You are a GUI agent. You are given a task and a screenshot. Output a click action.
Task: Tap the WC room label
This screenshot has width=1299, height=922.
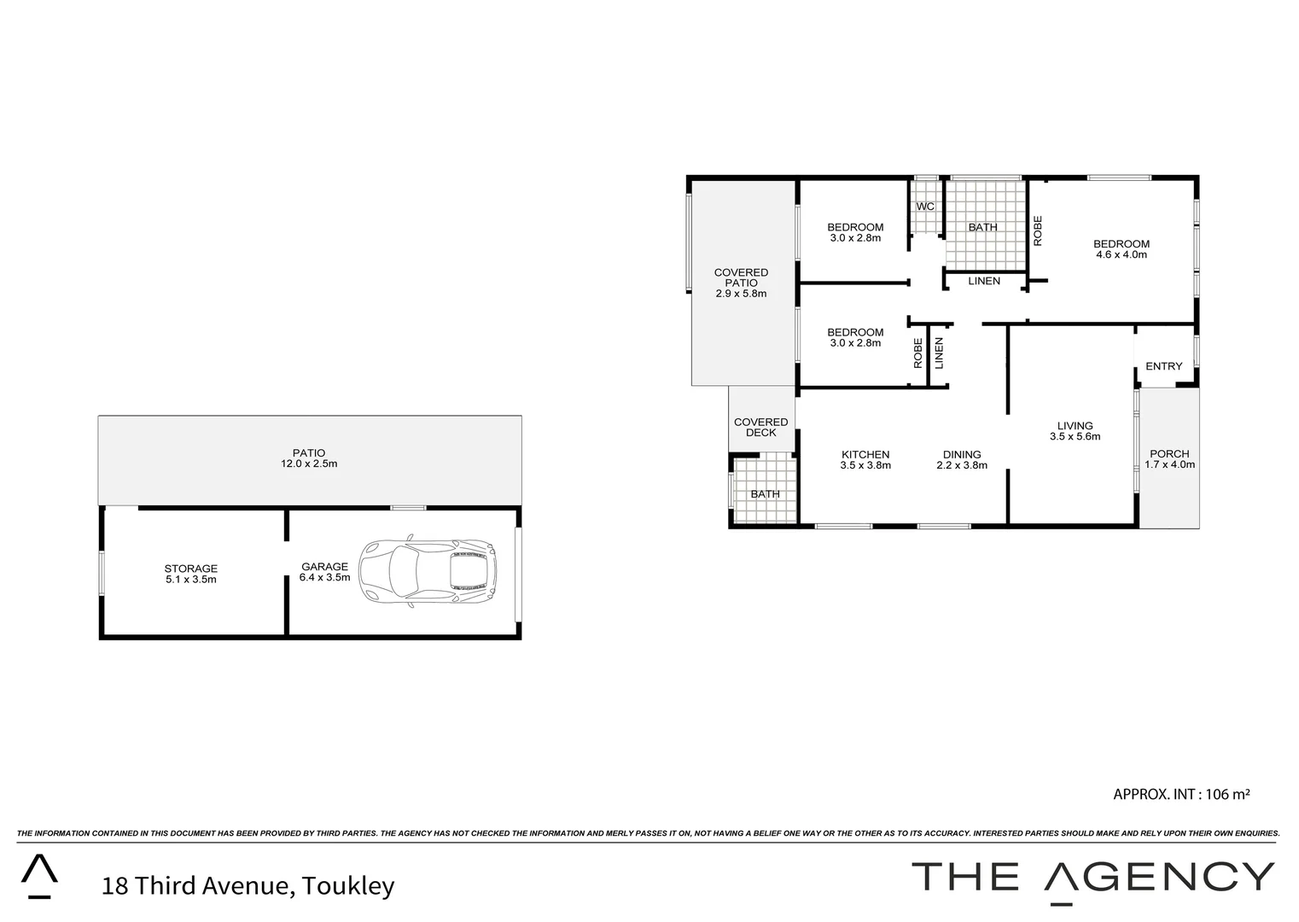[x=925, y=207]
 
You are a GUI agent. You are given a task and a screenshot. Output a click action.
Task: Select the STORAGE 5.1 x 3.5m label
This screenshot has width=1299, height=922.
[x=191, y=574]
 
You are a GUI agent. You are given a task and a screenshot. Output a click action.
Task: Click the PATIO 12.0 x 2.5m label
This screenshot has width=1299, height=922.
[x=309, y=458]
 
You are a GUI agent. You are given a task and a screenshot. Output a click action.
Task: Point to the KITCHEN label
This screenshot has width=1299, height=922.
[x=865, y=460]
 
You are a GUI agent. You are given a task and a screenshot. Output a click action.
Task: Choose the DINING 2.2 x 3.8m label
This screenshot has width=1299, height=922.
[x=962, y=460]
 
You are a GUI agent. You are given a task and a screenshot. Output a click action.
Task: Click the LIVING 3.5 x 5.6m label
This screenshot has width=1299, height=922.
[x=1075, y=431]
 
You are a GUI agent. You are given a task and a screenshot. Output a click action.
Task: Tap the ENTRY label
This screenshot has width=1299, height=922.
[x=1164, y=366]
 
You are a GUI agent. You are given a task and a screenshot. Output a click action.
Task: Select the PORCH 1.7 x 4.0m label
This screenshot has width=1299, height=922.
[x=1169, y=459]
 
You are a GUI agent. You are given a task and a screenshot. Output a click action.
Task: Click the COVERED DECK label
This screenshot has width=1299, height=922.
[x=761, y=427]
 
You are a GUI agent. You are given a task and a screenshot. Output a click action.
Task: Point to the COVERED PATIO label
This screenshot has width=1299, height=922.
[x=741, y=283]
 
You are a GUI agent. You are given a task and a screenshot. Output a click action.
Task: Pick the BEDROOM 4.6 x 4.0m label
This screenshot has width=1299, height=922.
[x=1121, y=248]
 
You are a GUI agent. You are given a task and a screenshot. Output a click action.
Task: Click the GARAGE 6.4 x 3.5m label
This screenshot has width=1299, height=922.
[x=324, y=571]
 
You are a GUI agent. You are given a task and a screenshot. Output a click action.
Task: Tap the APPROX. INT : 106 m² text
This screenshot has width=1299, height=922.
[x=1181, y=794]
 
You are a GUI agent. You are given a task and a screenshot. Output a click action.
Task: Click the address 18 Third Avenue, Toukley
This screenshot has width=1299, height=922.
[x=248, y=885]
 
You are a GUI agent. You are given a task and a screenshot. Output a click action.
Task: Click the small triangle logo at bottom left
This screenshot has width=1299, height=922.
[x=39, y=876]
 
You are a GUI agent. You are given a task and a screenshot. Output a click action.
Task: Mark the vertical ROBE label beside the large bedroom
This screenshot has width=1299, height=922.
[x=1038, y=230]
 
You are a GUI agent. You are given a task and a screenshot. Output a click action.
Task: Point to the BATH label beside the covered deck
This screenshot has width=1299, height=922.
[x=765, y=494]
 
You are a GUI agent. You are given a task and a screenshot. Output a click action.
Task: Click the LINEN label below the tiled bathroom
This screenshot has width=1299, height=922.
[x=984, y=281]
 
